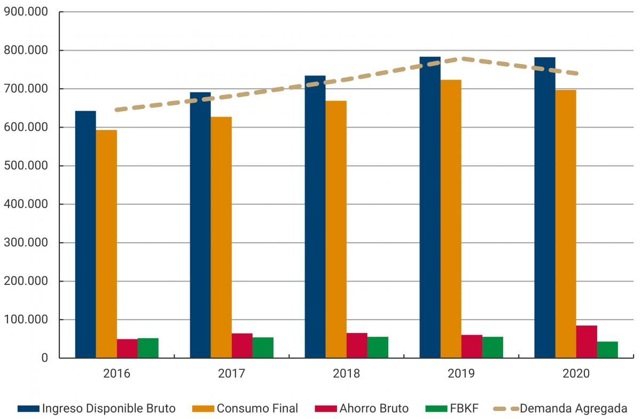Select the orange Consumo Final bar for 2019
(451, 219)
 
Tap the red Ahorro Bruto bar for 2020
(587, 342)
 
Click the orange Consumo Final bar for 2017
(221, 237)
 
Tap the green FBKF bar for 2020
(607, 350)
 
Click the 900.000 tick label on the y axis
(26, 12)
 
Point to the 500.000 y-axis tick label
(26, 166)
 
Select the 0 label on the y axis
(45, 358)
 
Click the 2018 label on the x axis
(346, 373)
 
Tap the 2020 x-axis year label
(576, 373)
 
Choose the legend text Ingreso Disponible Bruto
(108, 408)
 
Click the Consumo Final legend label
(257, 408)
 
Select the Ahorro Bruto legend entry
(374, 408)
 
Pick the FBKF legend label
(464, 408)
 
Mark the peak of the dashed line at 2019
(462, 58)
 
